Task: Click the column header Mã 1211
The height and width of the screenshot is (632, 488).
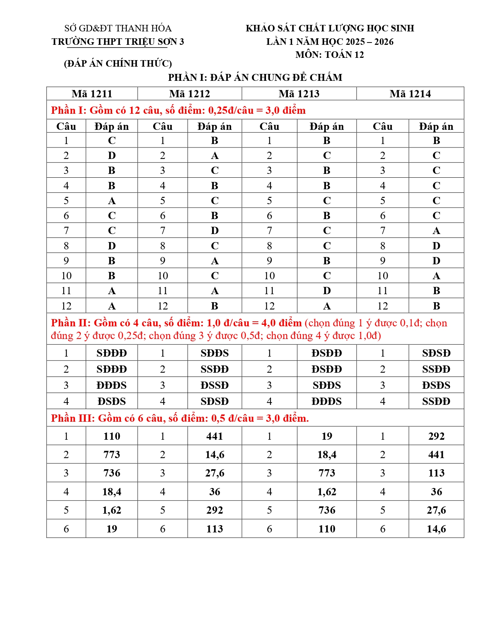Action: [92, 94]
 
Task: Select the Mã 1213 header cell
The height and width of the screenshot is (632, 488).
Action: [299, 94]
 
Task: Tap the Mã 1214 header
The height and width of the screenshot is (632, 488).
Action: [410, 94]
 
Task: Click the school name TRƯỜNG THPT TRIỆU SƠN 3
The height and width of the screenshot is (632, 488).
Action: [118, 42]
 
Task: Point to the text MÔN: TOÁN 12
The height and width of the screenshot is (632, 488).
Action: [330, 55]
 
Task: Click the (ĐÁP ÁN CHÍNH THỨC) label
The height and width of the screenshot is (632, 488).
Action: [118, 64]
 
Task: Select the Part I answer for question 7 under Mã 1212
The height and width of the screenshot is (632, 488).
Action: [215, 231]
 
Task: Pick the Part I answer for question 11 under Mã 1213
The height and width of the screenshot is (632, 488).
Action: [326, 291]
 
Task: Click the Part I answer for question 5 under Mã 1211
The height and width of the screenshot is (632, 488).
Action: [112, 201]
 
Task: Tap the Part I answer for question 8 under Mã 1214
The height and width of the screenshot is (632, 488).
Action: [436, 246]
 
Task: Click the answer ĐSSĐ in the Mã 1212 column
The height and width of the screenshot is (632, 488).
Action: [215, 385]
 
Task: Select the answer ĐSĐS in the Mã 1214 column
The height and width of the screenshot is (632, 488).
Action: [436, 385]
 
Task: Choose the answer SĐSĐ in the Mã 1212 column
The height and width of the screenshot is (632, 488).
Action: [215, 401]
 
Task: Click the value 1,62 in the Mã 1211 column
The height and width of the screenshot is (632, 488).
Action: [112, 510]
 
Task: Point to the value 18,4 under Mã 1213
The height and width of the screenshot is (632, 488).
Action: [326, 455]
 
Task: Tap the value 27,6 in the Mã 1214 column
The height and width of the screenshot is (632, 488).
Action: [436, 510]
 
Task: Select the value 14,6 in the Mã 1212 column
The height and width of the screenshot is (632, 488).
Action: [215, 455]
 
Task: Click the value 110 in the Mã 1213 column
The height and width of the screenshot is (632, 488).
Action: [326, 529]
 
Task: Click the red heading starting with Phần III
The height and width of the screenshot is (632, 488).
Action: [180, 418]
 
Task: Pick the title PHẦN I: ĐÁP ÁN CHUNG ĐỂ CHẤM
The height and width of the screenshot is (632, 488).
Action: [255, 78]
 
